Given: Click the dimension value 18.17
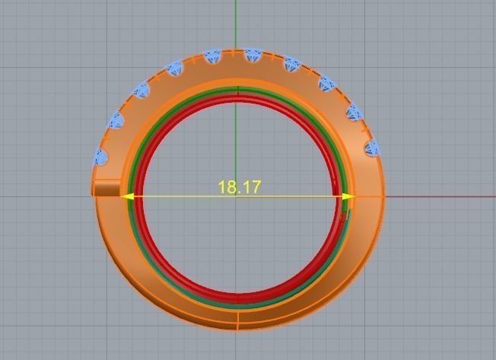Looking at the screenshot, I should (x=239, y=186).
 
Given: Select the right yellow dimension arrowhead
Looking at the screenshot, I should (x=348, y=196).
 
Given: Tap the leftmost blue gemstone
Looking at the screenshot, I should (x=100, y=157).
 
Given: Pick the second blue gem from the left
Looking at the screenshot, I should (x=116, y=119).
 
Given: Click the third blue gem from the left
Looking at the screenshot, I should (x=141, y=91).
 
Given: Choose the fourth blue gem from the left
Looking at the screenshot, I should (x=174, y=68).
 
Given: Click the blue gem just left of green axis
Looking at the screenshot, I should (x=212, y=56).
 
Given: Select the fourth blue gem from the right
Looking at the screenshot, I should (x=292, y=65).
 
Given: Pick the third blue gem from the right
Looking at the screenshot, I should (x=326, y=84).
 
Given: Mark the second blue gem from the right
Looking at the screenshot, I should (x=354, y=113).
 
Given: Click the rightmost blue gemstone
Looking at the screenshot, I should (x=371, y=148).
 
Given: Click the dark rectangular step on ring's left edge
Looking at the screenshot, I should (x=107, y=189).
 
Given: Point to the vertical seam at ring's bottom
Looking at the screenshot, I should (x=239, y=322).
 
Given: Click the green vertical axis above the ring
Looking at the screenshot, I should (x=236, y=23).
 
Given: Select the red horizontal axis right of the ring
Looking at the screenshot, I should (x=441, y=196).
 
